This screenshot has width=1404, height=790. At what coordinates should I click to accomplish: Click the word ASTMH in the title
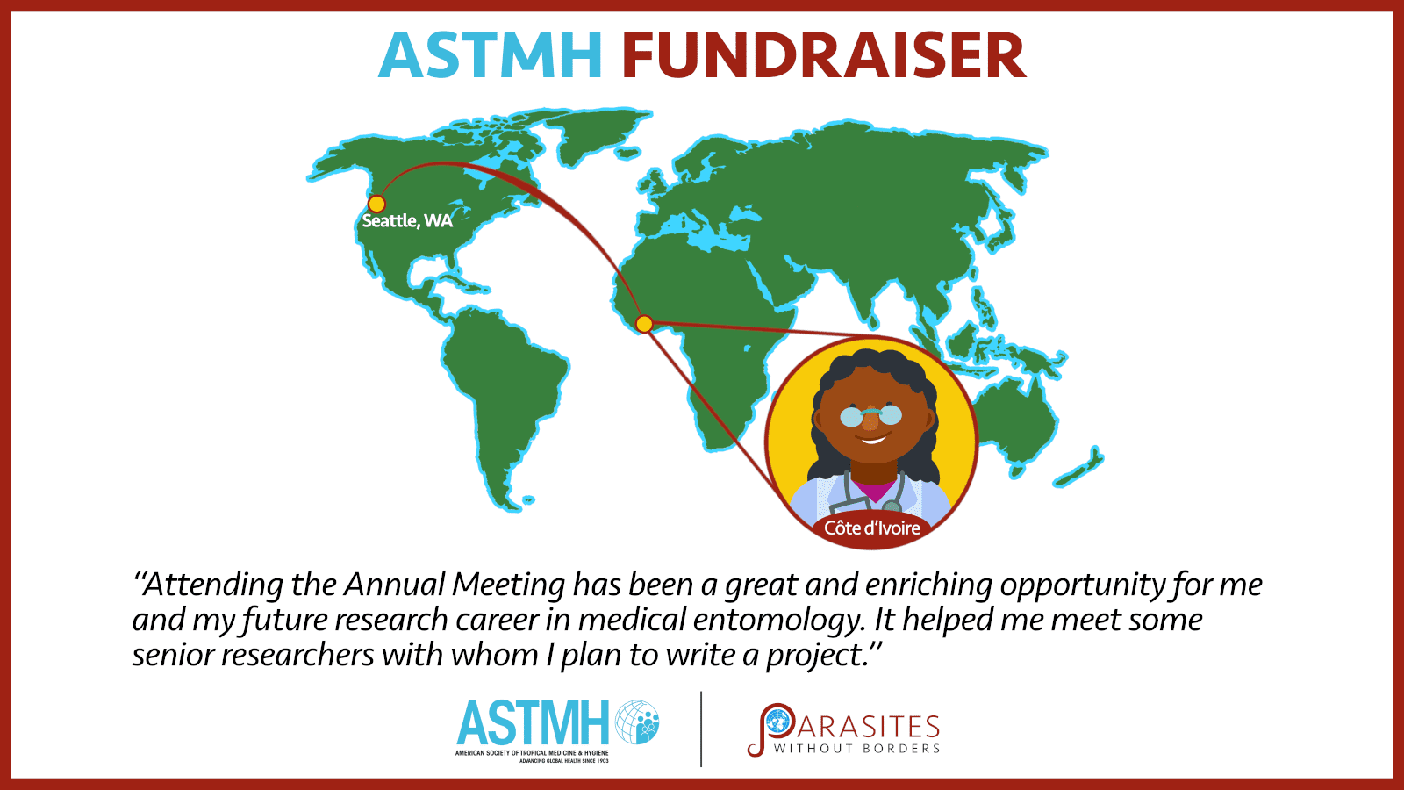(491, 55)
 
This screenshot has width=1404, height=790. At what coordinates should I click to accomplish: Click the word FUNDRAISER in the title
(824, 55)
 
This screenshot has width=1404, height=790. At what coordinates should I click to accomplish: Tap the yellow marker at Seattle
(376, 204)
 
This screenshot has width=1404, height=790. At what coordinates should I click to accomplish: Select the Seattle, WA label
(407, 220)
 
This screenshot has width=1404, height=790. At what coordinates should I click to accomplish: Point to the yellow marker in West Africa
(644, 324)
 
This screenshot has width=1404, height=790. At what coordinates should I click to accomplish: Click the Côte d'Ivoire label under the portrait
(871, 528)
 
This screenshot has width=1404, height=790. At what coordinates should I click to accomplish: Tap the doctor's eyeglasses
(870, 415)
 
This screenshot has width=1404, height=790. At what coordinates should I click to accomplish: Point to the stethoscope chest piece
(891, 506)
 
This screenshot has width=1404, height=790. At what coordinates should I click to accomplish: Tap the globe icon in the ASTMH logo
(637, 722)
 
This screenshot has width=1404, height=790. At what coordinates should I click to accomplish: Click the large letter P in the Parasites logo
(770, 729)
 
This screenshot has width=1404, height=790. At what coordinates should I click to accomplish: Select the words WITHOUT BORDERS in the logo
(856, 748)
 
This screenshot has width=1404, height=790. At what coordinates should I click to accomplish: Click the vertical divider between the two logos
(701, 729)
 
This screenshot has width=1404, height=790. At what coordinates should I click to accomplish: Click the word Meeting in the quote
(508, 585)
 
